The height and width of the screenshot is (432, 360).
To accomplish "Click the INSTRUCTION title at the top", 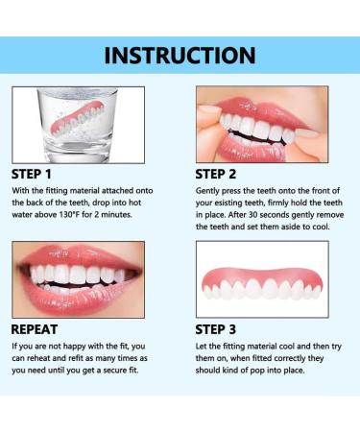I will (180, 55).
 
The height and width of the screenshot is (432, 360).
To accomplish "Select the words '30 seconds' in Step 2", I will (268, 216).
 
